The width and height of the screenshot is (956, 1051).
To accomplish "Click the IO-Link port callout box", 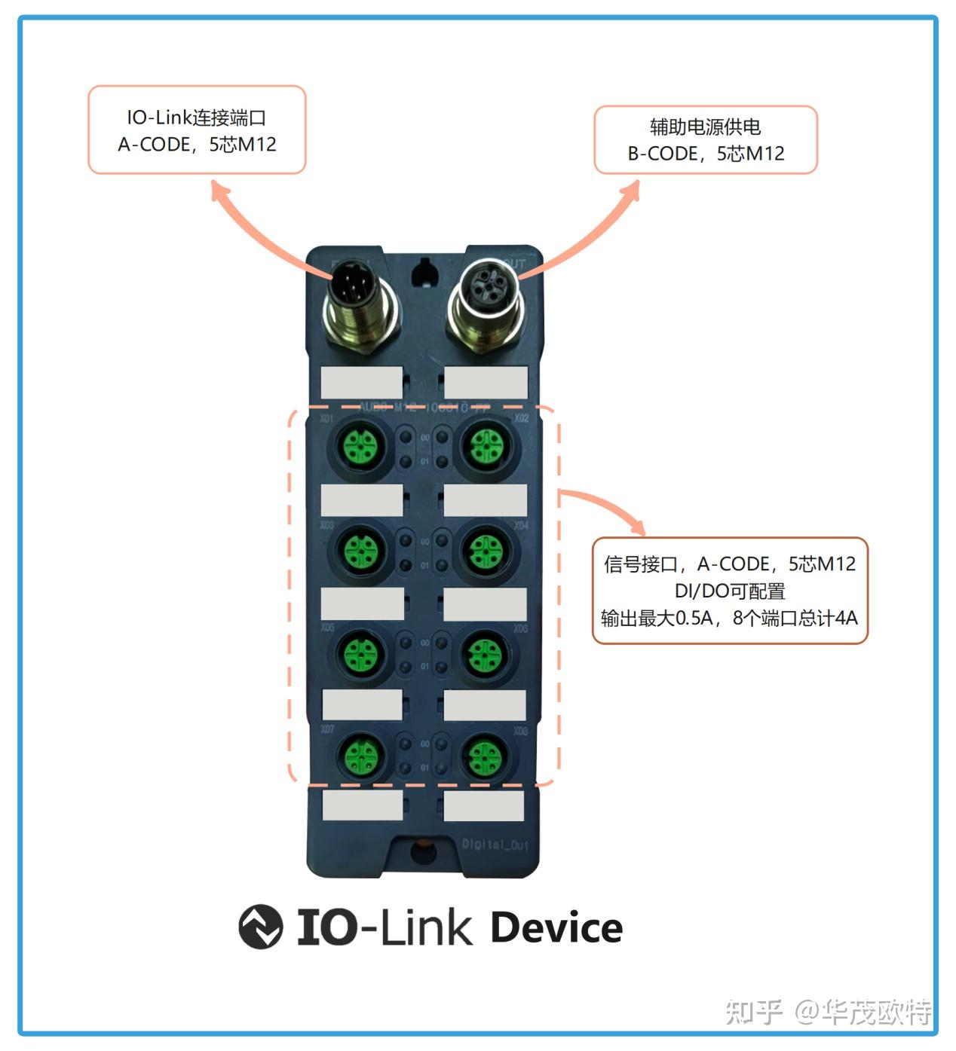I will [197, 130].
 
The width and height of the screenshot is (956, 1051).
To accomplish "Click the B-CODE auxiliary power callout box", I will [706, 140].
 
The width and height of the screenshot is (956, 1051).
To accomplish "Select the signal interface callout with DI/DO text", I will [730, 591].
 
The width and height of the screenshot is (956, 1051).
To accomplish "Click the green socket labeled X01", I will [361, 446].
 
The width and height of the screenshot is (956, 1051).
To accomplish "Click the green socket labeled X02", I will [486, 446].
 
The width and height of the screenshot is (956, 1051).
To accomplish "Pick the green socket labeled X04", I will [485, 551].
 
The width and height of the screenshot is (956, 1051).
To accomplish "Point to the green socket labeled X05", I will [361, 653].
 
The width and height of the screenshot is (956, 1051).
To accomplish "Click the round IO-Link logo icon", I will [261, 926].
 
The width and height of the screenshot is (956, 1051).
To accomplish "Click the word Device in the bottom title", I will [556, 927].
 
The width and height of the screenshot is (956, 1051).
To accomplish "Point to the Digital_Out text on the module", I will [495, 845].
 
